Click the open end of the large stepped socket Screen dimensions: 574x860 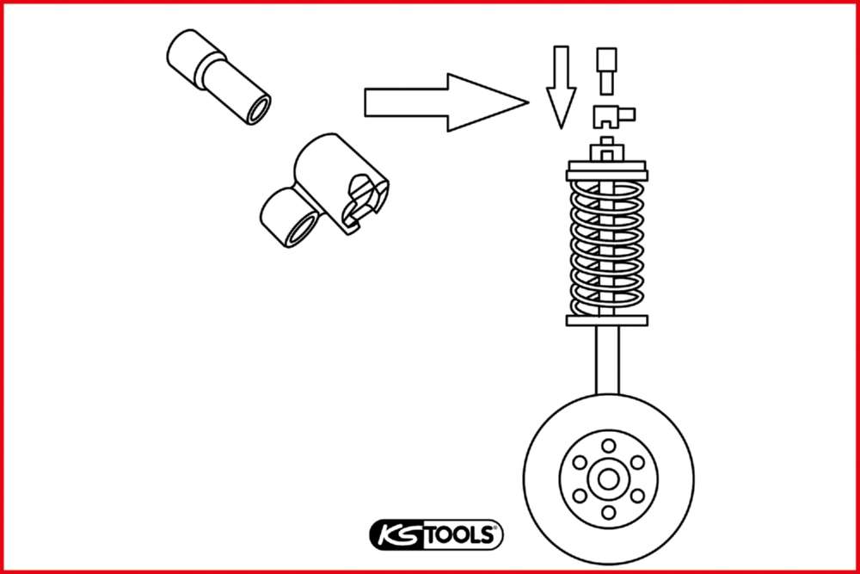click(255, 110)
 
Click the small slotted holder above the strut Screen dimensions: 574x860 click(611, 114)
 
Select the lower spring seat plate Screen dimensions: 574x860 click(607, 321)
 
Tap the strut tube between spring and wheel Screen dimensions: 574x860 click(607, 361)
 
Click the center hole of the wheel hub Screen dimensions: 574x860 click(608, 479)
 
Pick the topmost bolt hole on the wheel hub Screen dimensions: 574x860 click(608, 445)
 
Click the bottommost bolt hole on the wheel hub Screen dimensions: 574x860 click(608, 513)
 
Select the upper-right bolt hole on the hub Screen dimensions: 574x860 click(637, 462)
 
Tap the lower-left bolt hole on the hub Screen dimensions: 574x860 click(579, 496)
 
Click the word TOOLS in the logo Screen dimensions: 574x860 click(457, 535)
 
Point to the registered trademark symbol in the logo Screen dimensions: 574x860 click(496, 528)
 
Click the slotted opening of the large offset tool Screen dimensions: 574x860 click(360, 201)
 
